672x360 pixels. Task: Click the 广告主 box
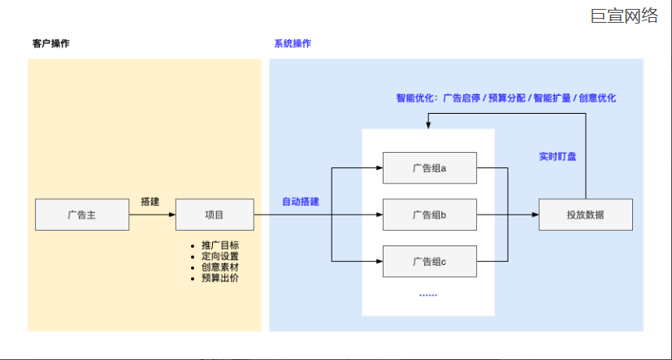(83, 215)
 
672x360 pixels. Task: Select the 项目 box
(215, 215)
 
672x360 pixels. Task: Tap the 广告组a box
(429, 168)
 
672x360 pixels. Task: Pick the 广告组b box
(429, 215)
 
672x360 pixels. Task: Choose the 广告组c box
(429, 261)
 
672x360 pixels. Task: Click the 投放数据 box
(585, 215)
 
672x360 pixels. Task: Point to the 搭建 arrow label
(150, 201)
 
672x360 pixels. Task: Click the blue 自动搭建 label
(300, 201)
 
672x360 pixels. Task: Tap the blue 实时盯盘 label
(557, 156)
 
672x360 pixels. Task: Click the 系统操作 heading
(293, 44)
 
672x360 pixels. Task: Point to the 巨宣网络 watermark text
(624, 15)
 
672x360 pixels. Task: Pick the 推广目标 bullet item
(219, 245)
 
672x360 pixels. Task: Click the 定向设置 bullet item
(219, 256)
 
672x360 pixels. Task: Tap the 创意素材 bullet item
(219, 267)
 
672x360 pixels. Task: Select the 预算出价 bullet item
(219, 278)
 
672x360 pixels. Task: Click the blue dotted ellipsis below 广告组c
(428, 295)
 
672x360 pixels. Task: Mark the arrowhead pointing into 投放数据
(535, 215)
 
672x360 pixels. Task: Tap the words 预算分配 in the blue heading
(507, 98)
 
